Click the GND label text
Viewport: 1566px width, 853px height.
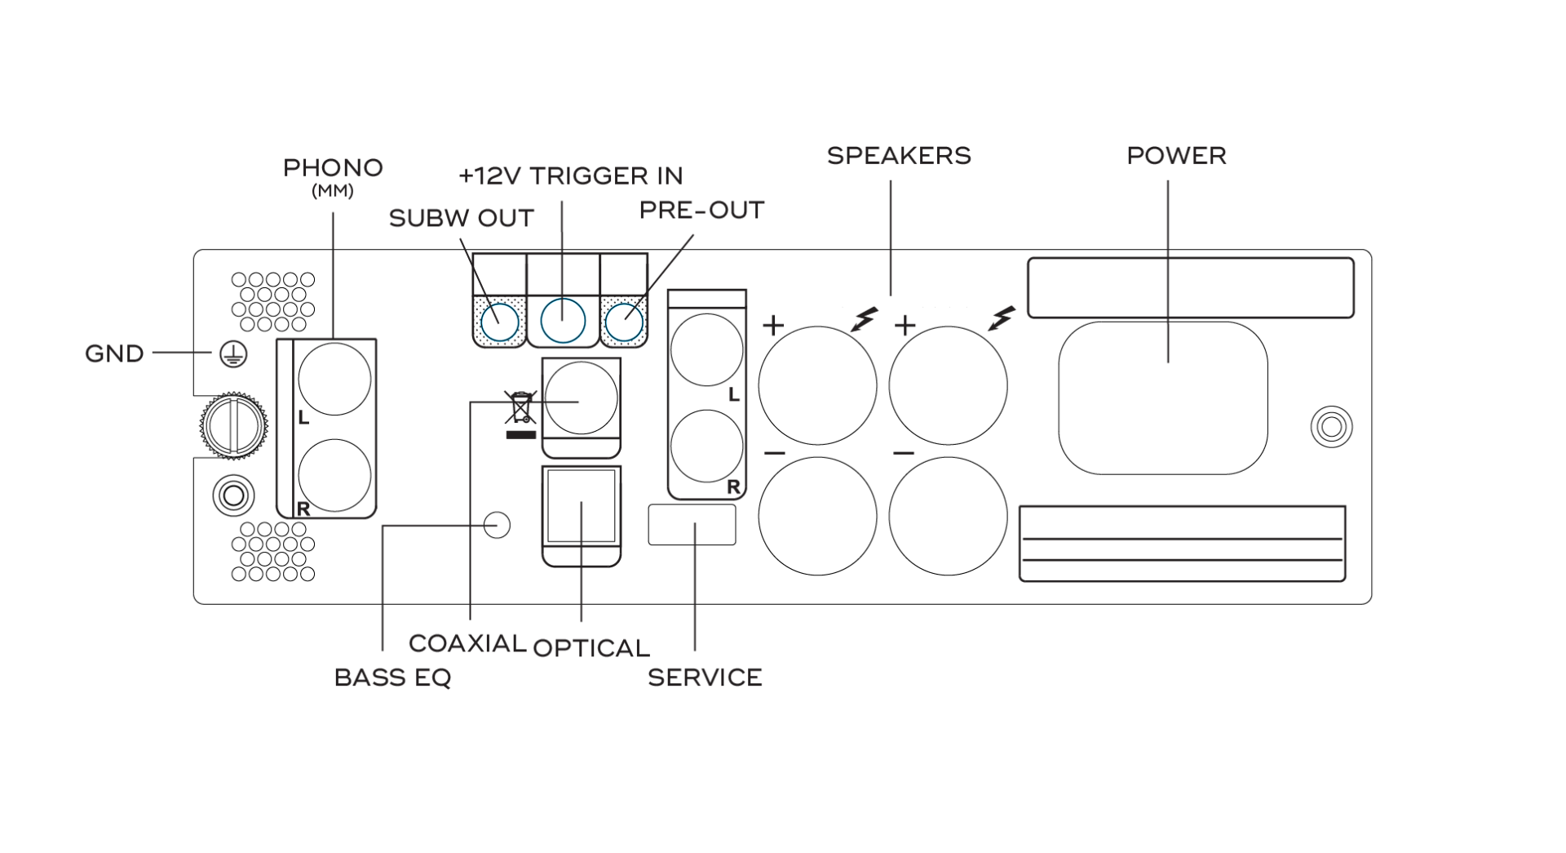coord(114,353)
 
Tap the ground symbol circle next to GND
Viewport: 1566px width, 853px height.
coord(233,354)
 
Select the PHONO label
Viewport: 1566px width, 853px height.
coord(333,168)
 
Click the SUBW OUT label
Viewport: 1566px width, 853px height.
coord(461,218)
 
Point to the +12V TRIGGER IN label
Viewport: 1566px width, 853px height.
coord(570,175)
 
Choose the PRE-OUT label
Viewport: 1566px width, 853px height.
coord(701,211)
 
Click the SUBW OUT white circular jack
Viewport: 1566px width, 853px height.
coord(499,324)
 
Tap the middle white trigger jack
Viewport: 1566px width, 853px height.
coord(563,320)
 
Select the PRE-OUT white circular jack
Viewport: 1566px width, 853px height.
coord(625,323)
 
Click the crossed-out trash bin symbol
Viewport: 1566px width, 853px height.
coord(520,408)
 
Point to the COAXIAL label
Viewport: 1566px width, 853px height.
coord(467,643)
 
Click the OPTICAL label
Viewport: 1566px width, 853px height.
coord(591,648)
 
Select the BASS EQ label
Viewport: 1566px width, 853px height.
coord(392,678)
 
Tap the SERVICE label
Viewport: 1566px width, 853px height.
coord(705,678)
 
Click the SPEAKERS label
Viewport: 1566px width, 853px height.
coord(899,156)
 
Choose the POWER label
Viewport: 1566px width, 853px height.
coord(1176,156)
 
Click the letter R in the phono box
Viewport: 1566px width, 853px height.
coord(303,509)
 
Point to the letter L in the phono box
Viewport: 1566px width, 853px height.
coord(303,418)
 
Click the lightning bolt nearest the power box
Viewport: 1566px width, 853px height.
coord(1001,318)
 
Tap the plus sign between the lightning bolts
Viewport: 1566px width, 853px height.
coord(905,327)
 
